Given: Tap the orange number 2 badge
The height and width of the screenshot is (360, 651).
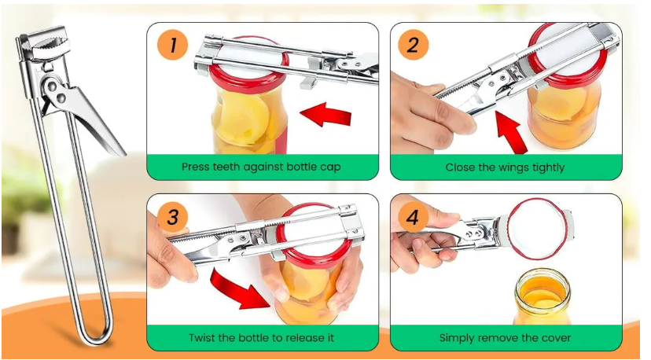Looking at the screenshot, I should click(413, 45).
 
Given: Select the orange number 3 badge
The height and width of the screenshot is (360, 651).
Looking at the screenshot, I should click(172, 217).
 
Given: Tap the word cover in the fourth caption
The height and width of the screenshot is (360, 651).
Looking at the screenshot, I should click(555, 338).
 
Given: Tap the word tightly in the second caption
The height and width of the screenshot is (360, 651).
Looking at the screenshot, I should click(546, 167).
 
